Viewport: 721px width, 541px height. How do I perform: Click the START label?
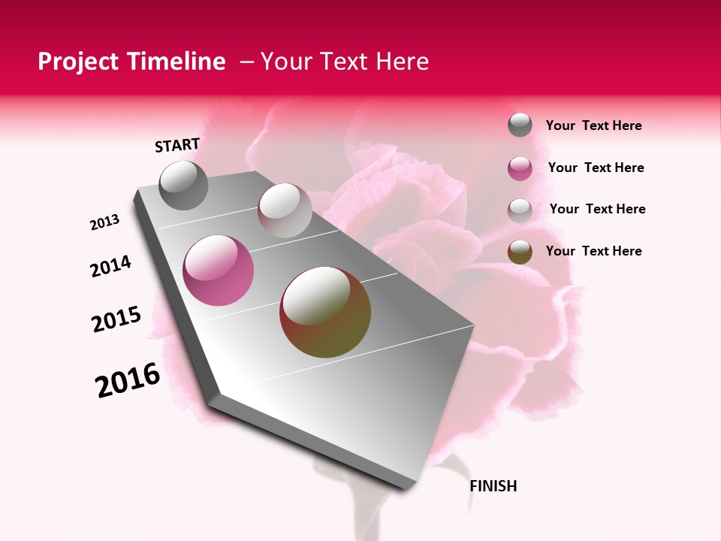[x=177, y=145]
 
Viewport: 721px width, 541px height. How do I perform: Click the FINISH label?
[x=493, y=486]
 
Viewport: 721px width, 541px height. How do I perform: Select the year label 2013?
[x=105, y=222]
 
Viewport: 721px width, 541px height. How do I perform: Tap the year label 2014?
[x=111, y=266]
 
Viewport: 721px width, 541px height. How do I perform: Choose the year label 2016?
[x=128, y=380]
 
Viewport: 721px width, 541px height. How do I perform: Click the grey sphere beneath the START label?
[x=183, y=186]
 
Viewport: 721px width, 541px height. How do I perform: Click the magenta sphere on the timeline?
[x=219, y=270]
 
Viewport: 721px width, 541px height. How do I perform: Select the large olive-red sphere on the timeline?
[x=325, y=312]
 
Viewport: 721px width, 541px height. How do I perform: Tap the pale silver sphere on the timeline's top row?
[x=285, y=210]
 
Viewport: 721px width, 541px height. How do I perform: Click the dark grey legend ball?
[x=520, y=125]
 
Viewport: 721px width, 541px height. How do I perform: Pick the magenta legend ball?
[x=520, y=168]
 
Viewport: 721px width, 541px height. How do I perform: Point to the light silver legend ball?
[x=520, y=210]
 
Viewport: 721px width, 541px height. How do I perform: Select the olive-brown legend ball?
[x=520, y=252]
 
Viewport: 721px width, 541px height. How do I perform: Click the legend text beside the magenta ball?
[x=596, y=168]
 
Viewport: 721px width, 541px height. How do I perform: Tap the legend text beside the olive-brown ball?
[x=594, y=251]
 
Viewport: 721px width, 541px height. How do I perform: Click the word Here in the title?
[x=402, y=62]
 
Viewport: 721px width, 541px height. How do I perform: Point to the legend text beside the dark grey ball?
[x=594, y=125]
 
